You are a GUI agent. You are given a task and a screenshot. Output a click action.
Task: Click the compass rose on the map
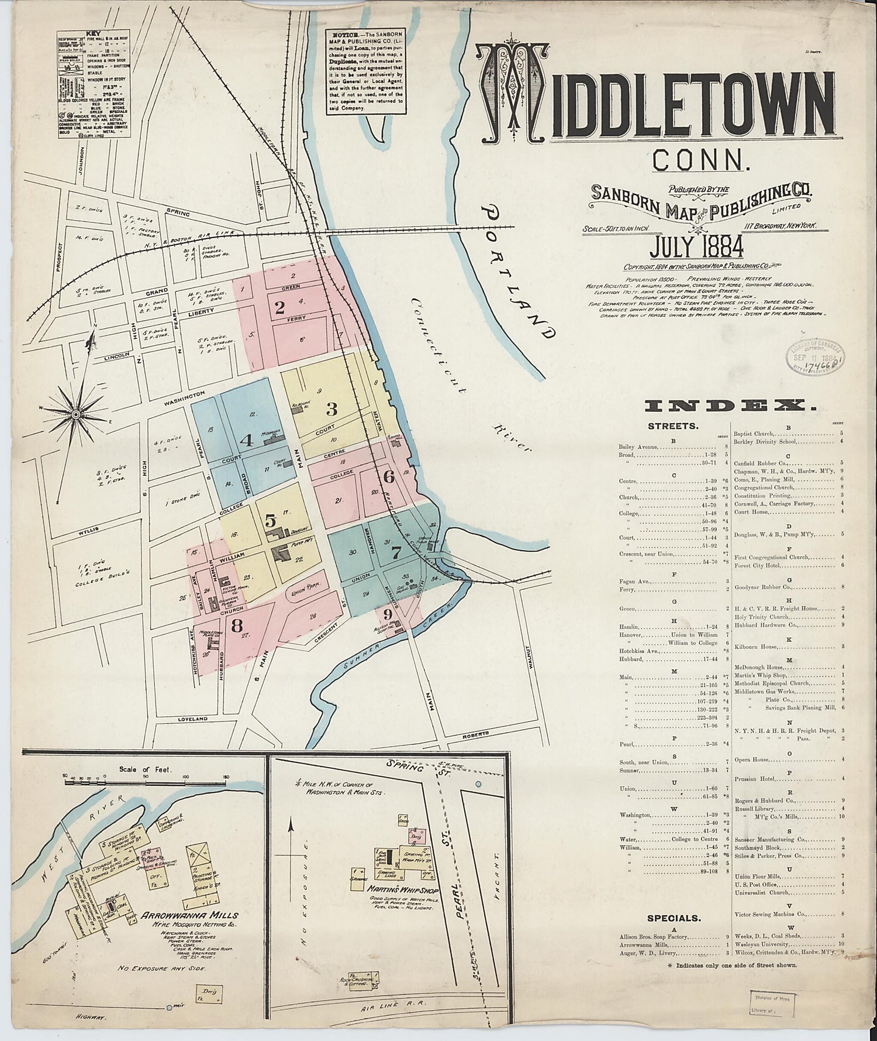(x=76, y=414)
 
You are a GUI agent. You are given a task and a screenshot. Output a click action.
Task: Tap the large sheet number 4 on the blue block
(x=247, y=439)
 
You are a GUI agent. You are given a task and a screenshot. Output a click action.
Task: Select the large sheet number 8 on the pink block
(x=237, y=626)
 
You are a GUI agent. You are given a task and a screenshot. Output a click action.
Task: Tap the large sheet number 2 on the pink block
(x=279, y=306)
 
